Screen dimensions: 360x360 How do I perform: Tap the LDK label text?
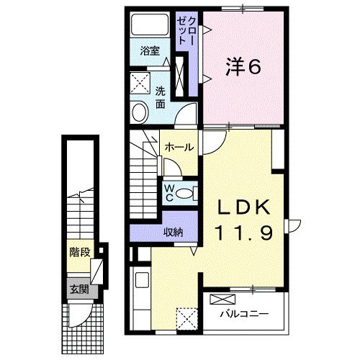point(244,209)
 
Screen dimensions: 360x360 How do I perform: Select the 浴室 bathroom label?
point(150,53)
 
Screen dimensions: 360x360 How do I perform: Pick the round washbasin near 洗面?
point(140,112)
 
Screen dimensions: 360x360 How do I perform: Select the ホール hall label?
point(179,148)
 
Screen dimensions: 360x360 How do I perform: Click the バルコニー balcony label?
point(243,315)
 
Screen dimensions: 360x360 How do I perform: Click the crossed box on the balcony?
point(222,299)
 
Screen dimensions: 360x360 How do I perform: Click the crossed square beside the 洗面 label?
point(139,81)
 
